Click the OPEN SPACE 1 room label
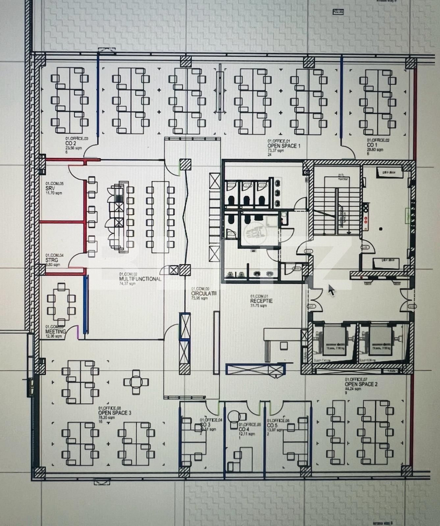point(283,146)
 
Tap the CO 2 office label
point(71,144)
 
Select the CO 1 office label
point(372,145)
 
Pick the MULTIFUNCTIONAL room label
point(140,279)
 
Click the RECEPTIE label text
point(261,300)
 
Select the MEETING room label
point(55,331)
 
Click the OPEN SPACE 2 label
point(361,384)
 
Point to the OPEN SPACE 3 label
point(115,413)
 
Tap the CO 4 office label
point(244,429)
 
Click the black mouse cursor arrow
point(331,290)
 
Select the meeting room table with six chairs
point(61,305)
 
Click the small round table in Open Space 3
point(136,382)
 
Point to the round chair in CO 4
point(235,416)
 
